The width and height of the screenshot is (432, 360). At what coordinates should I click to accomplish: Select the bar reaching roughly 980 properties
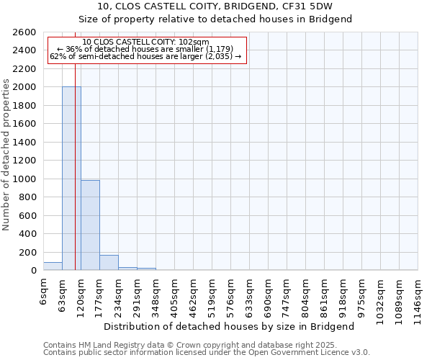coord(90,225)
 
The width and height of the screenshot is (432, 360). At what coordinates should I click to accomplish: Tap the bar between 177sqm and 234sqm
coord(109,263)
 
